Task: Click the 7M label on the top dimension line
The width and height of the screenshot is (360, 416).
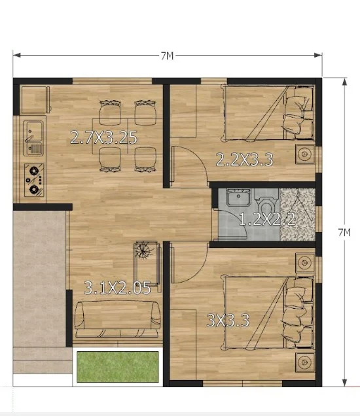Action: click(168, 56)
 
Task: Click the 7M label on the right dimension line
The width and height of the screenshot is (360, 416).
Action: click(344, 232)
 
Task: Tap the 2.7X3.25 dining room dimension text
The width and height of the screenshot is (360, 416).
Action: click(104, 137)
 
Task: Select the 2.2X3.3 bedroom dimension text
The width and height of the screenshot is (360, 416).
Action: click(245, 160)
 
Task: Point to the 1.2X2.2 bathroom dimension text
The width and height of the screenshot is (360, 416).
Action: click(267, 219)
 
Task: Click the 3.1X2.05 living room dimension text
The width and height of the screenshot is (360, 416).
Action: click(117, 288)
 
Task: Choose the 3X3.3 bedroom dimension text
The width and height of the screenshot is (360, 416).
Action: click(228, 321)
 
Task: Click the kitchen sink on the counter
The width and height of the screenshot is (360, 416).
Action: click(33, 138)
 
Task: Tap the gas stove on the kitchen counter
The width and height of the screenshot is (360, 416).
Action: click(34, 180)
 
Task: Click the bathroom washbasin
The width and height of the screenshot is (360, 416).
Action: click(238, 197)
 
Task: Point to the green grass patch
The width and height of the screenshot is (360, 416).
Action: click(118, 367)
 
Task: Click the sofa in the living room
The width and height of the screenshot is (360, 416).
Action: click(117, 319)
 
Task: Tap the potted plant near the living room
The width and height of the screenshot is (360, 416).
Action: click(144, 250)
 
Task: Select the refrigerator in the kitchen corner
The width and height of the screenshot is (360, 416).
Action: click(35, 100)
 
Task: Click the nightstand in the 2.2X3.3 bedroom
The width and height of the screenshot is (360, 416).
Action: click(305, 154)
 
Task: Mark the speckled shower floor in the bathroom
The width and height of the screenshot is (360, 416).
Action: click(298, 215)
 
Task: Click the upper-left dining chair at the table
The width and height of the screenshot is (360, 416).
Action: click(110, 113)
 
